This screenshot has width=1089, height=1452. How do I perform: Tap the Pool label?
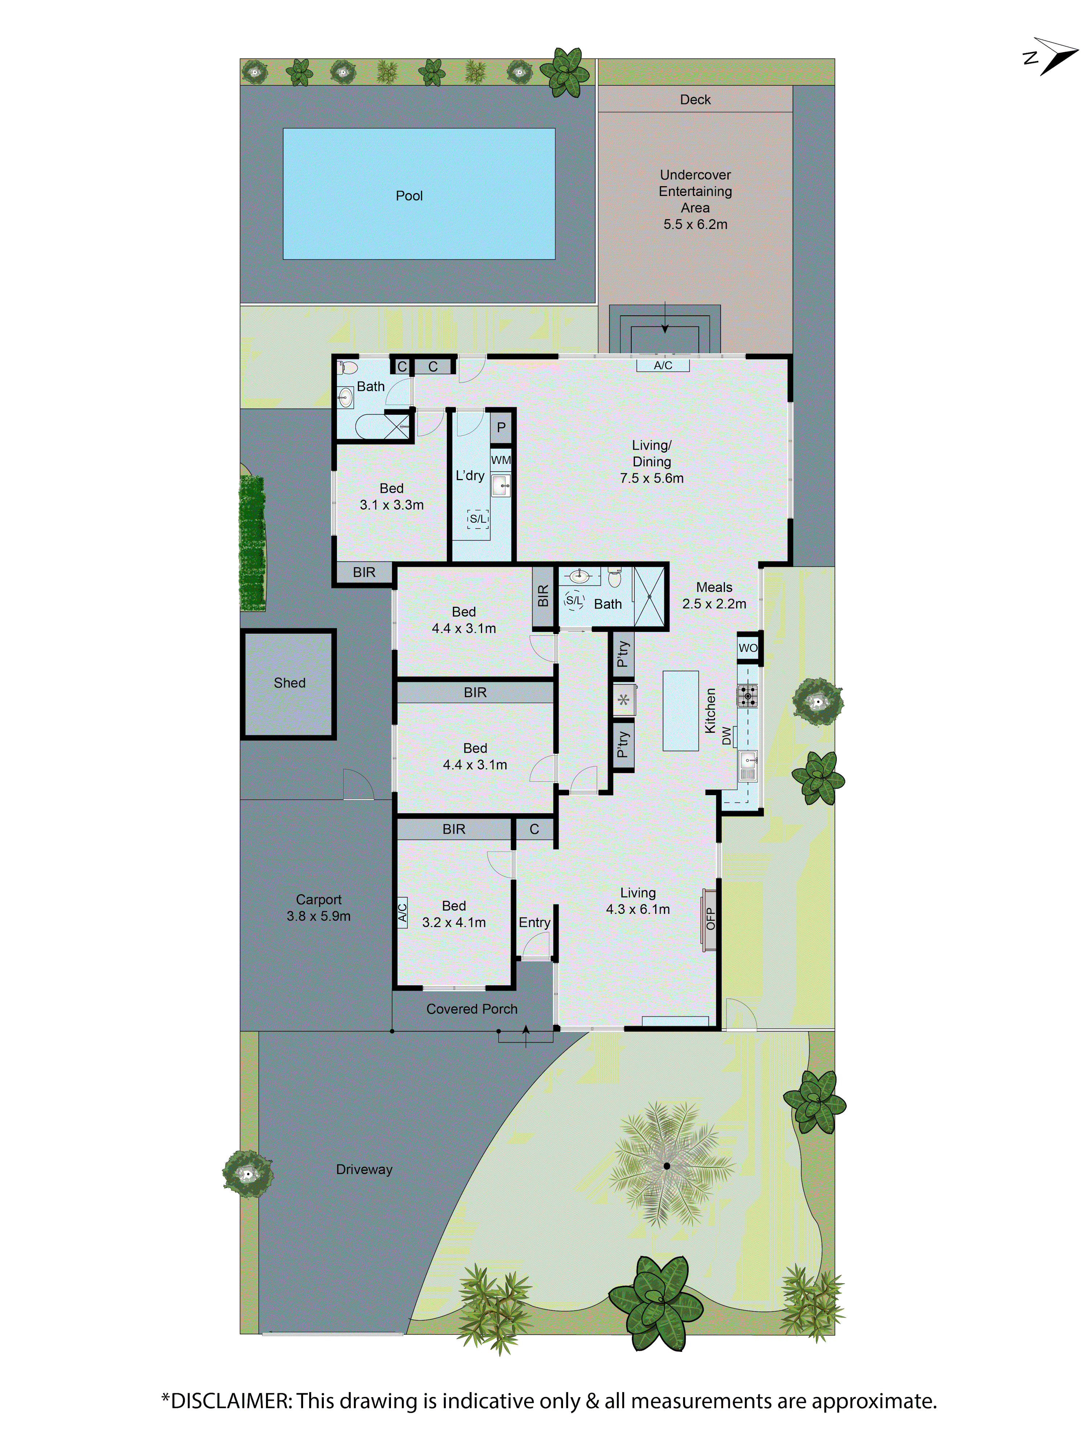[409, 196]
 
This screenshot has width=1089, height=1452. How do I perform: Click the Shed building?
[289, 683]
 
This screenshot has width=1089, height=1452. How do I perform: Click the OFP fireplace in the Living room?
[709, 919]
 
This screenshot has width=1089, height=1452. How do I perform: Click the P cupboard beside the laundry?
[501, 428]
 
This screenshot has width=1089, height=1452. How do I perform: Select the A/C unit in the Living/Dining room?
[662, 365]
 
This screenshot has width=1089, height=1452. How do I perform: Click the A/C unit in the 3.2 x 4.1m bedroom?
[402, 912]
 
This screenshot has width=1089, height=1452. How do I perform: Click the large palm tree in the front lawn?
[666, 1166]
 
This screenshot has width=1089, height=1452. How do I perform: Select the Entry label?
[534, 922]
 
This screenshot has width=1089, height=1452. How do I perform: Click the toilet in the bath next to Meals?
[615, 578]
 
